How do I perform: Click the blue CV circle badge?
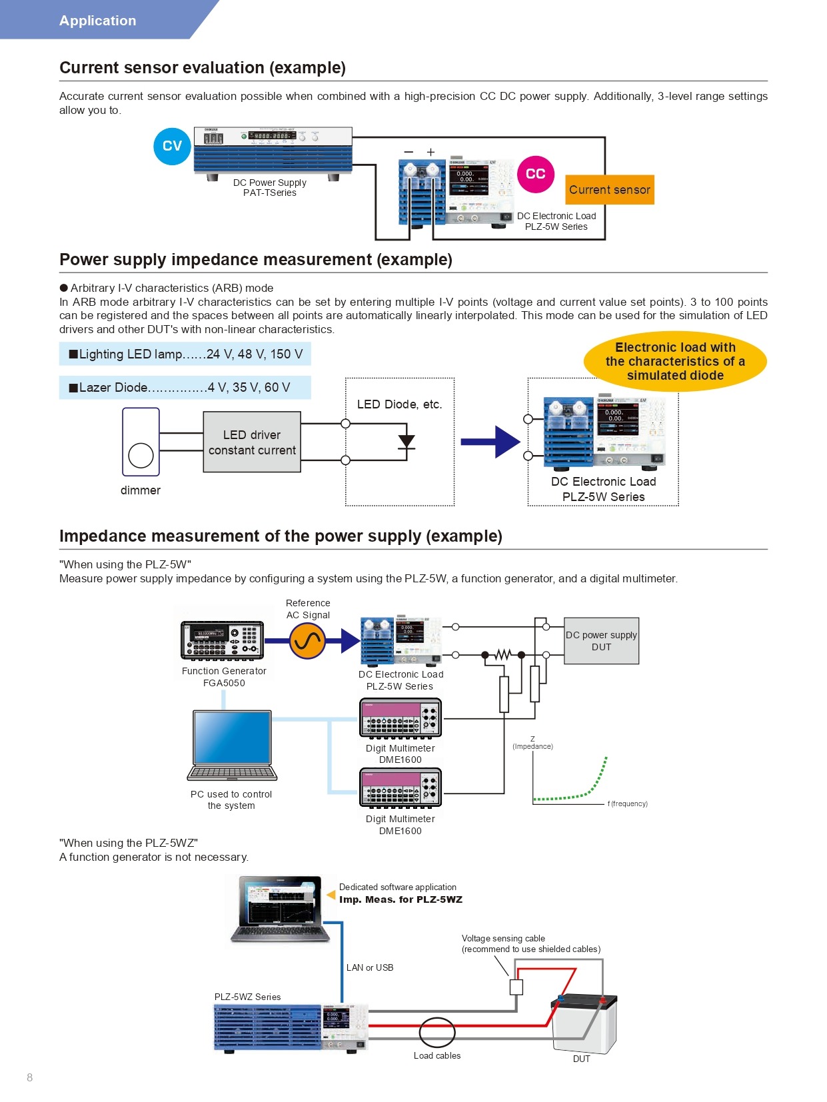(172, 146)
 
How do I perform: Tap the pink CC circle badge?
(535, 174)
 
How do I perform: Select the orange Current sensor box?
(610, 190)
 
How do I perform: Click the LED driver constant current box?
(252, 442)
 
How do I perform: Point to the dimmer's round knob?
(141, 456)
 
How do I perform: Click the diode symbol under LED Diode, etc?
(406, 442)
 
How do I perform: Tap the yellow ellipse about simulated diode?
(675, 361)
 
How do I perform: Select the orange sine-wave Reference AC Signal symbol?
(307, 641)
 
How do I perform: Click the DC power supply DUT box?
(601, 641)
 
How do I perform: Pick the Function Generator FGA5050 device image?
(223, 640)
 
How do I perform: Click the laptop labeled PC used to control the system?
(232, 746)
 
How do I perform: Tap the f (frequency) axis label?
(627, 804)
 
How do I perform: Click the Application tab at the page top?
(98, 21)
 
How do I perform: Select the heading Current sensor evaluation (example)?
(203, 68)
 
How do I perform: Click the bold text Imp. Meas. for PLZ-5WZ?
(401, 899)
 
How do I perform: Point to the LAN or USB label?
(370, 967)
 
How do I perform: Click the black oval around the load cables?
(437, 1033)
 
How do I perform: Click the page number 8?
(29, 1077)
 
